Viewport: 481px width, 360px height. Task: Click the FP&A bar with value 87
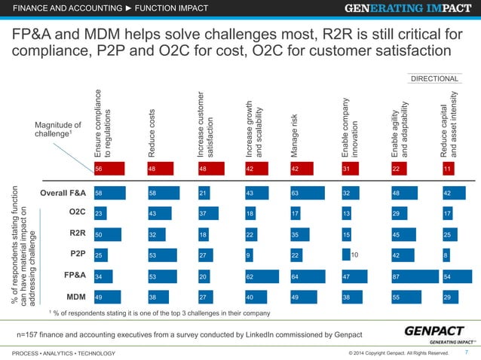point(416,277)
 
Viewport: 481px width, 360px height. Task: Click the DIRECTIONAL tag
point(435,78)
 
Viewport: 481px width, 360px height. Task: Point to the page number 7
point(467,352)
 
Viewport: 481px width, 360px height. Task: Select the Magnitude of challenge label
point(58,130)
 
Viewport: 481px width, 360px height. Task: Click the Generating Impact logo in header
point(410,11)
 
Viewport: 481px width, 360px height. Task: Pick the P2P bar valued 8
point(447,256)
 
